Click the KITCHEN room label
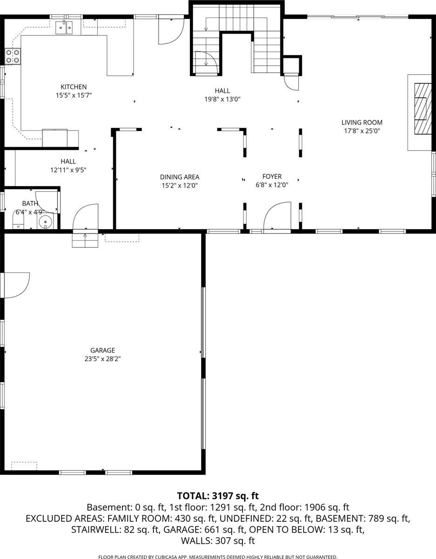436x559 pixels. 74,87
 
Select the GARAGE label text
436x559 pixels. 102,350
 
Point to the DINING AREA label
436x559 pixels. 180,177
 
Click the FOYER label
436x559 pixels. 272,177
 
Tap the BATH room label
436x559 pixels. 29,204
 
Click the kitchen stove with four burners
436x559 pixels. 13,56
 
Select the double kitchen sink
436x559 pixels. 65,28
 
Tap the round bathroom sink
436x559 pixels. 46,222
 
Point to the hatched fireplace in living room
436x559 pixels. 421,108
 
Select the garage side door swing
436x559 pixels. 16,285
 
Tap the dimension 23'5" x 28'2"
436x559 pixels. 102,359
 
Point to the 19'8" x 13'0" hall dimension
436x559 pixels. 222,99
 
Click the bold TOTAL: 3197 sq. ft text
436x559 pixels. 217,495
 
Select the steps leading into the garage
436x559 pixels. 85,239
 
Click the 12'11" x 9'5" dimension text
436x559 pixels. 68,170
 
